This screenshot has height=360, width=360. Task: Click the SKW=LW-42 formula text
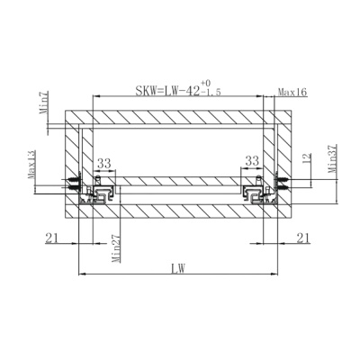(x=167, y=90)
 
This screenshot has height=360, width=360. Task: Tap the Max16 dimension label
(x=292, y=92)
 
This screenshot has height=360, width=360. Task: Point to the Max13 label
(x=31, y=165)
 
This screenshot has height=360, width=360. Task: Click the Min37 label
(x=332, y=158)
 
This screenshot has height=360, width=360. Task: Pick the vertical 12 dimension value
(x=307, y=158)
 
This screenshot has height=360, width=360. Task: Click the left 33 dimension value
(x=104, y=164)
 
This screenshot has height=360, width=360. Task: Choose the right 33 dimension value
(x=252, y=161)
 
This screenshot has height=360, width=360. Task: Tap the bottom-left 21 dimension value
(x=51, y=238)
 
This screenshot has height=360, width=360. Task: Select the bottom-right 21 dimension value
(x=303, y=238)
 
